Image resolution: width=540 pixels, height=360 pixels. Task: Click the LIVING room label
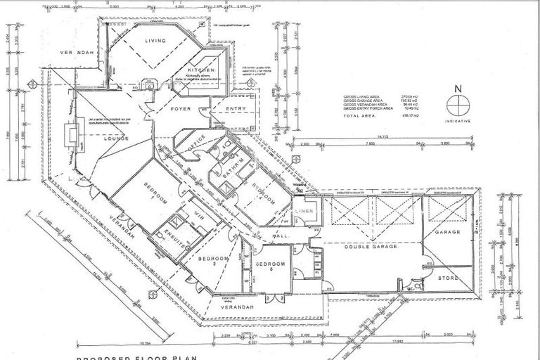coord(155,41)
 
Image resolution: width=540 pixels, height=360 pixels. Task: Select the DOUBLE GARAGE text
coord(371,247)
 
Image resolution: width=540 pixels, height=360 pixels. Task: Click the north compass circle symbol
coord(458,104)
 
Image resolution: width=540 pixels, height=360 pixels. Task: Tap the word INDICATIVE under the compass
coord(458,120)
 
